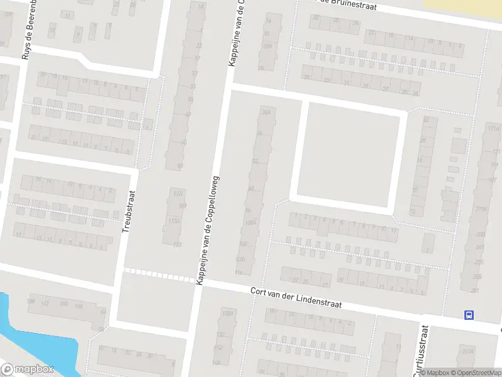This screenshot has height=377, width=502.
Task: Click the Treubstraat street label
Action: tap(128, 212)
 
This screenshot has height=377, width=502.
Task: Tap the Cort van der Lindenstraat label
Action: tap(296, 297)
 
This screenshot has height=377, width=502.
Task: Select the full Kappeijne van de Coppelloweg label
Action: tap(209, 230)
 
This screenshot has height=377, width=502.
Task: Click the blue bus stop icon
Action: tap(468, 315)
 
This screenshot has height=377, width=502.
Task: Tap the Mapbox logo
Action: tap(28, 369)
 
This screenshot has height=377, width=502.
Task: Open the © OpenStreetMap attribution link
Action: tap(474, 373)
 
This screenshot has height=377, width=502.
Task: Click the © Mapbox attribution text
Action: tap(433, 373)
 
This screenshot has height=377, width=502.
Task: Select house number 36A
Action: tap(266, 112)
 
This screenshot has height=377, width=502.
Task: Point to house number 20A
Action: tap(268, 46)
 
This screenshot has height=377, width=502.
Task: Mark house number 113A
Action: tap(175, 221)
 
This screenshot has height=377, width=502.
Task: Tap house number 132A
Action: tap(227, 313)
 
